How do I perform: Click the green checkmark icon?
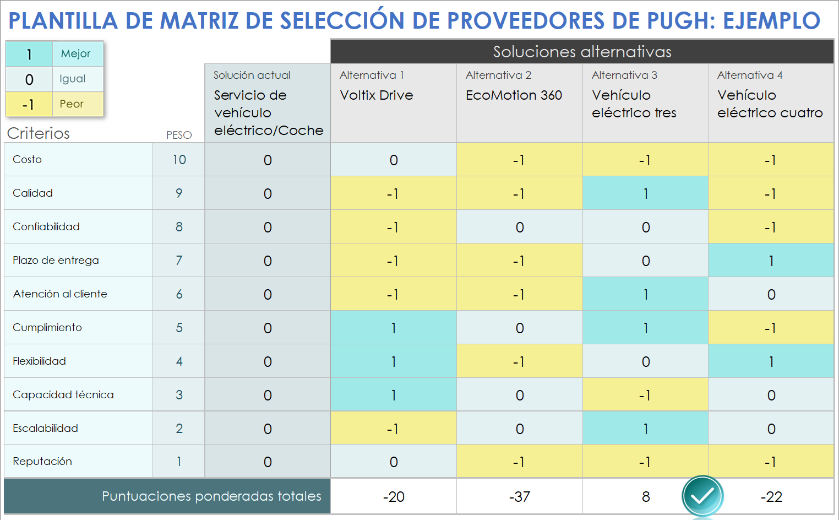(x=702, y=496)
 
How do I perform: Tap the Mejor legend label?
(x=76, y=53)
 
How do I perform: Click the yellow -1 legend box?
(x=29, y=104)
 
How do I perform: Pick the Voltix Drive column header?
(x=377, y=95)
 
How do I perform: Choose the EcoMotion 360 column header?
(x=514, y=95)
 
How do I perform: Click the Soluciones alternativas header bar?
(x=582, y=52)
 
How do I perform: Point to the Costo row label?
(x=28, y=159)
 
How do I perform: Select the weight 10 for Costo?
(x=179, y=160)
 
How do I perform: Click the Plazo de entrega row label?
(x=56, y=260)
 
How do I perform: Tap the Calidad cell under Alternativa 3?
(x=645, y=193)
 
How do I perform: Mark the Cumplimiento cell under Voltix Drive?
(x=393, y=328)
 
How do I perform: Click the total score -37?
(x=519, y=497)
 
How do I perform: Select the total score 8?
(x=646, y=497)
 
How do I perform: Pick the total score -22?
(x=771, y=497)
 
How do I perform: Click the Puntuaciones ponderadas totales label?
(x=211, y=496)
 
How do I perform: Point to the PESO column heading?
(x=179, y=135)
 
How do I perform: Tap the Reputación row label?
(x=42, y=461)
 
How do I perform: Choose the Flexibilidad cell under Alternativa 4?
(x=771, y=361)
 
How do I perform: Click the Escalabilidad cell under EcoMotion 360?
(x=519, y=429)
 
